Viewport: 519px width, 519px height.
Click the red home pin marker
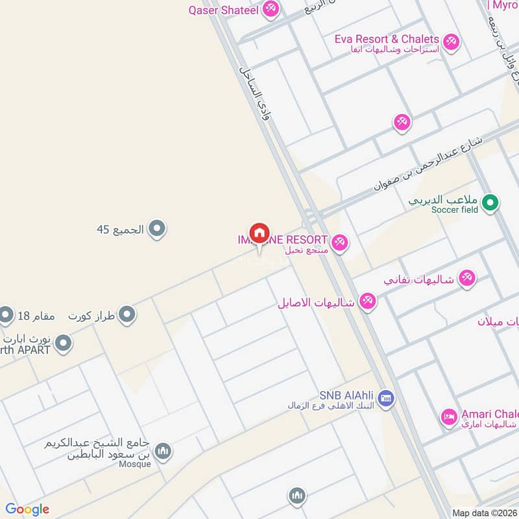pyautogui.click(x=259, y=233)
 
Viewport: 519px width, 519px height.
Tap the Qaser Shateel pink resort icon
pyautogui.click(x=271, y=9)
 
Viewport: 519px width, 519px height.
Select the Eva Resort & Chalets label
pyautogui.click(x=387, y=39)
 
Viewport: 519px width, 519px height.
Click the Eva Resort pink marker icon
pyautogui.click(x=451, y=43)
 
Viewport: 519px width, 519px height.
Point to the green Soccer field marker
pyautogui.click(x=490, y=204)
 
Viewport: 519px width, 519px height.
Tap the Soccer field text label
pyautogui.click(x=454, y=210)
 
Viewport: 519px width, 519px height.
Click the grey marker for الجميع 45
pyautogui.click(x=156, y=228)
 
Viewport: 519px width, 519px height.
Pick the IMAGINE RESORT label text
pyautogui.click(x=283, y=240)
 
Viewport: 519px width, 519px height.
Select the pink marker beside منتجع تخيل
pyautogui.click(x=340, y=244)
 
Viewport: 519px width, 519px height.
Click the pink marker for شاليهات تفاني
pyautogui.click(x=466, y=279)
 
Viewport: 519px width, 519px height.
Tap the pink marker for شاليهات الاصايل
pyautogui.click(x=368, y=302)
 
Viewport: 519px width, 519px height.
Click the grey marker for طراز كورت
pyautogui.click(x=128, y=315)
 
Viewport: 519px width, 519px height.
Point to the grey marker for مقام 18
pyautogui.click(x=6, y=315)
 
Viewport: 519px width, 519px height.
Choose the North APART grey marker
pyautogui.click(x=63, y=343)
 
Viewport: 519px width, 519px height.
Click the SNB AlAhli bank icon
pyautogui.click(x=385, y=398)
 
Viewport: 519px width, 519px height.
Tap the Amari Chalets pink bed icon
pyautogui.click(x=448, y=418)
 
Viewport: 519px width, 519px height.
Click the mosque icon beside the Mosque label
pyautogui.click(x=162, y=451)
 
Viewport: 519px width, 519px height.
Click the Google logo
pyautogui.click(x=27, y=509)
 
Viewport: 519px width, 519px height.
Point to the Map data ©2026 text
pyautogui.click(x=484, y=513)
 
